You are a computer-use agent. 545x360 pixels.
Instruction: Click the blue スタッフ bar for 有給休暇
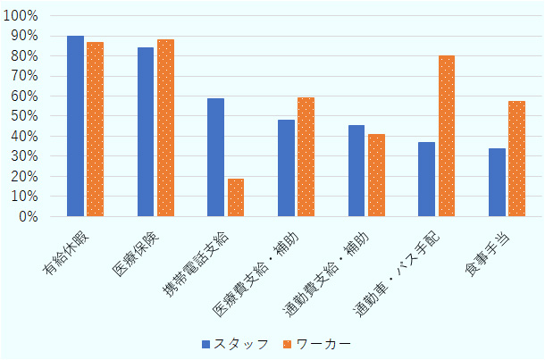click(75, 126)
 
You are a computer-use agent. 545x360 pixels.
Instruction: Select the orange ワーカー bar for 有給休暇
click(95, 129)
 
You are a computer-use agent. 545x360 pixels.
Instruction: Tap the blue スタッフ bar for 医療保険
click(146, 131)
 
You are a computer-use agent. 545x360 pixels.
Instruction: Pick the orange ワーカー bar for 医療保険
click(165, 128)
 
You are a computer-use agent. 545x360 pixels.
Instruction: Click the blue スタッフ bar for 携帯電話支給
click(215, 157)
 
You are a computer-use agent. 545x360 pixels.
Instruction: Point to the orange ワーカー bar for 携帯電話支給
click(236, 197)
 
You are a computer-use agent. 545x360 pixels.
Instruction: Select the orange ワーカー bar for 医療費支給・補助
click(306, 156)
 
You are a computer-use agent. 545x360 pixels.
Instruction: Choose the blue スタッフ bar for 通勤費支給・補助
click(356, 171)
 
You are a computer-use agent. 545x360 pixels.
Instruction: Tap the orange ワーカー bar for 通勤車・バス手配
click(447, 136)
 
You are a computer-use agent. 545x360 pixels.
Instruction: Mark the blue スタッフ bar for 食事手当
click(497, 182)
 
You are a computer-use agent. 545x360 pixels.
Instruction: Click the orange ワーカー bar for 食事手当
click(516, 158)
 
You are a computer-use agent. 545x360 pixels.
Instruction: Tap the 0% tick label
click(26, 216)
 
